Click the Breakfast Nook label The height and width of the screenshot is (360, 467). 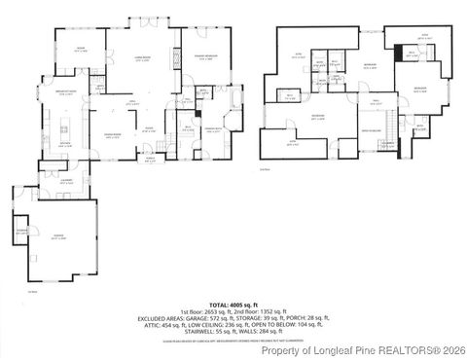coord(66,91)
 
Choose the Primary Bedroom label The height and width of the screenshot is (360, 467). coord(202,57)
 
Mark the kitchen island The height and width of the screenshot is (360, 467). coord(64,128)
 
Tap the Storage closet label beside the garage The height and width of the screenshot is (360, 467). coord(22,231)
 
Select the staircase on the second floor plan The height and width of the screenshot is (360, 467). coord(389,125)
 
